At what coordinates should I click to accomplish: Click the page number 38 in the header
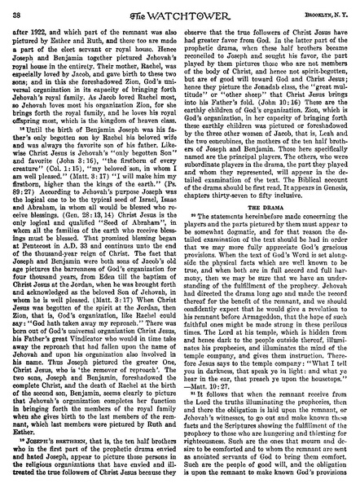(17, 10)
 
